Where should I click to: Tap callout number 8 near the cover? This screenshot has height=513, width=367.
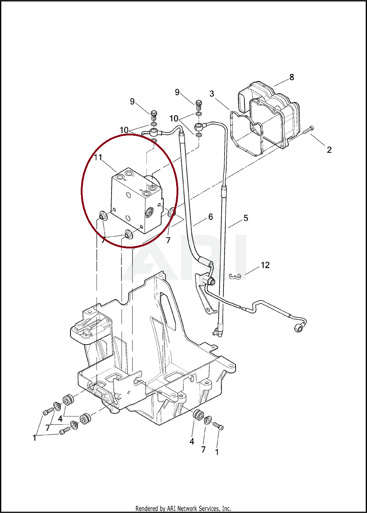coord(291,77)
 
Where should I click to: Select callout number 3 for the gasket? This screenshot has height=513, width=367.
coord(212,94)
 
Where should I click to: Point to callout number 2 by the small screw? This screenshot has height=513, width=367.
coord(329,150)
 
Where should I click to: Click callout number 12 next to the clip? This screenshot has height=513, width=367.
coord(265,265)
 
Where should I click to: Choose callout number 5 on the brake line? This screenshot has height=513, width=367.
coord(246,218)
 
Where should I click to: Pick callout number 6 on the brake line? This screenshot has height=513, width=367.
coord(211,217)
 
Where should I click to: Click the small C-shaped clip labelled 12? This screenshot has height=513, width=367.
coord(235,277)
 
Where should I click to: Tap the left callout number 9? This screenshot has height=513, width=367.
coord(132,101)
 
